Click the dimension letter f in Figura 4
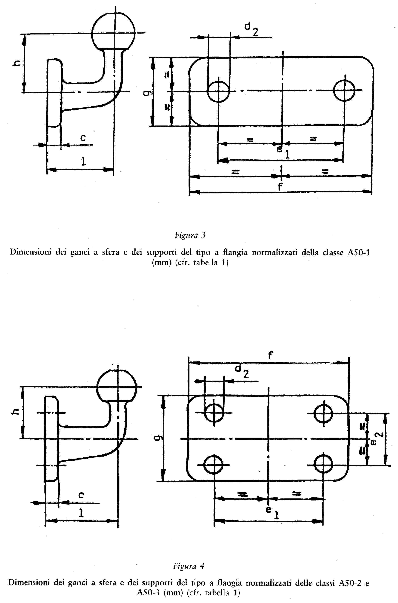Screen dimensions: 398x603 270,355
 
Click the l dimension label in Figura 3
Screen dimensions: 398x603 83,161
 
